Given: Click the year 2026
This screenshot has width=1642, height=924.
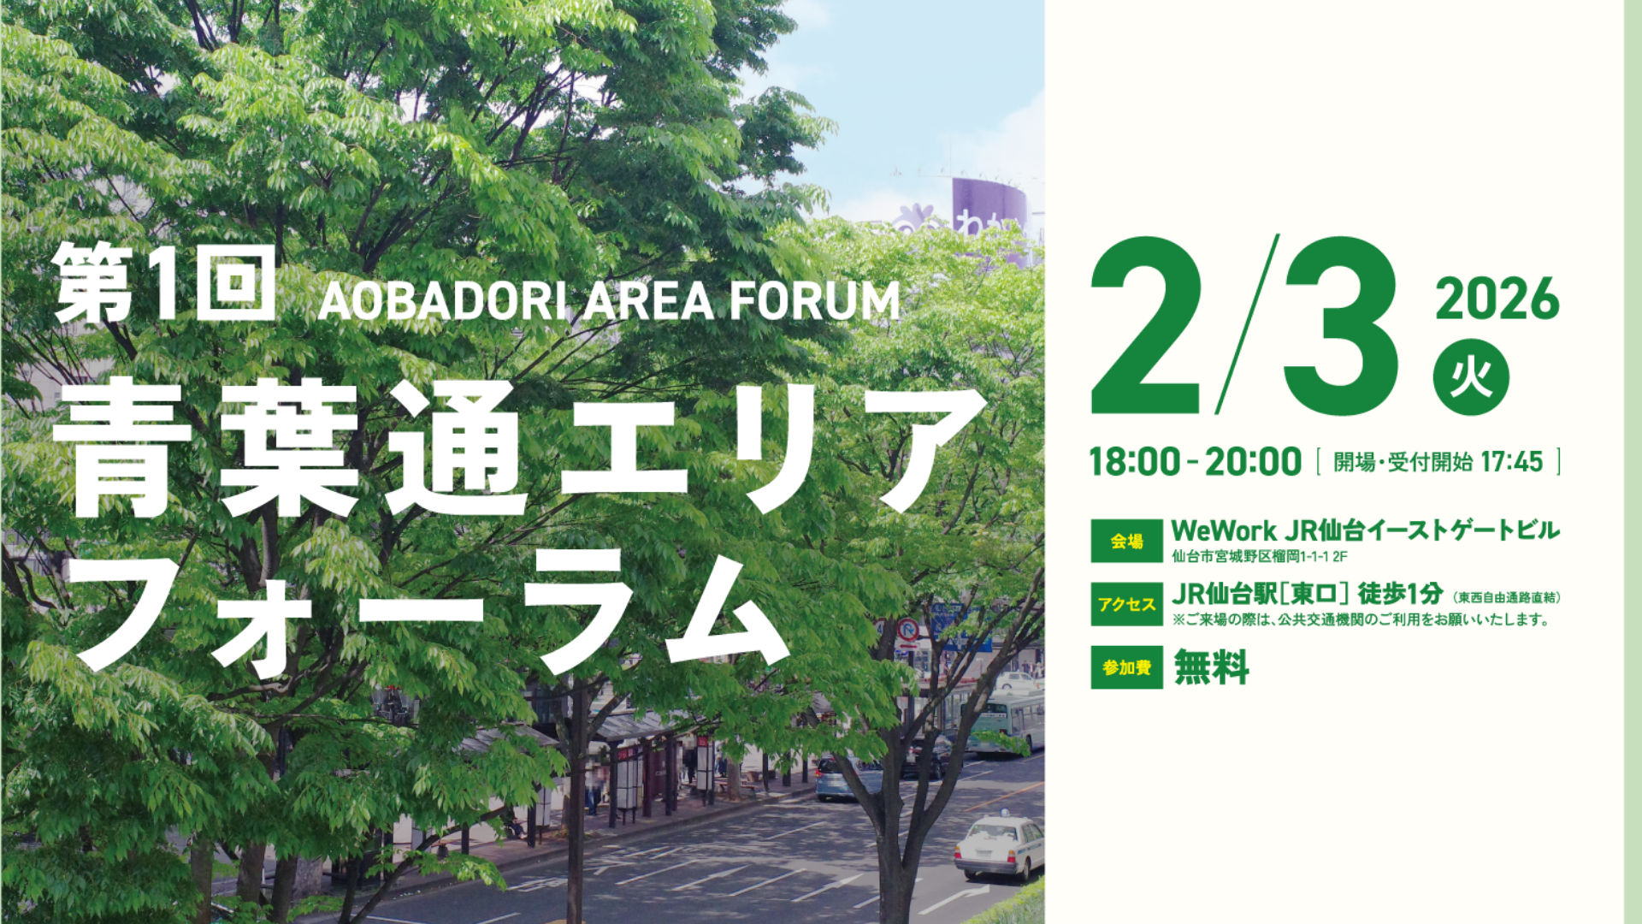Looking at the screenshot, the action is (1497, 299).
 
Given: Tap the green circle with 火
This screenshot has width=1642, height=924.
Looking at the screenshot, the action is (1471, 377).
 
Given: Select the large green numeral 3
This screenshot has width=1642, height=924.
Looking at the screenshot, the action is (1340, 325).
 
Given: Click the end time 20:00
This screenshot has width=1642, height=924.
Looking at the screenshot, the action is (1253, 462).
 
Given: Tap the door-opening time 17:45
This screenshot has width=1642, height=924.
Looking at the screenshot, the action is (1512, 462).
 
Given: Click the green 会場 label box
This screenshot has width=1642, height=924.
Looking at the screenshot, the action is (1126, 541).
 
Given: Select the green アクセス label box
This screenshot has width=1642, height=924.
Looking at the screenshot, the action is (1126, 604).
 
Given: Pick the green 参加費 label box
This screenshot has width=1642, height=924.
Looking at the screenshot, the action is (1126, 667).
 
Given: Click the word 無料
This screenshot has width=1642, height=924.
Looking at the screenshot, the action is (1211, 667).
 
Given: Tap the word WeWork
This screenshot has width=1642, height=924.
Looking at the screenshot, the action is (1224, 530).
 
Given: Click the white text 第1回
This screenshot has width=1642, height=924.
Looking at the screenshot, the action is (165, 282).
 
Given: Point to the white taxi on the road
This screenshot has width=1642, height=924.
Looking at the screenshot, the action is (999, 846).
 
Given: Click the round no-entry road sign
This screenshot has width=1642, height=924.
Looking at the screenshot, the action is (907, 631).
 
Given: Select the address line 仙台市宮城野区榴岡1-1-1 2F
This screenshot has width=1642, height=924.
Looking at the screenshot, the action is (1260, 557).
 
